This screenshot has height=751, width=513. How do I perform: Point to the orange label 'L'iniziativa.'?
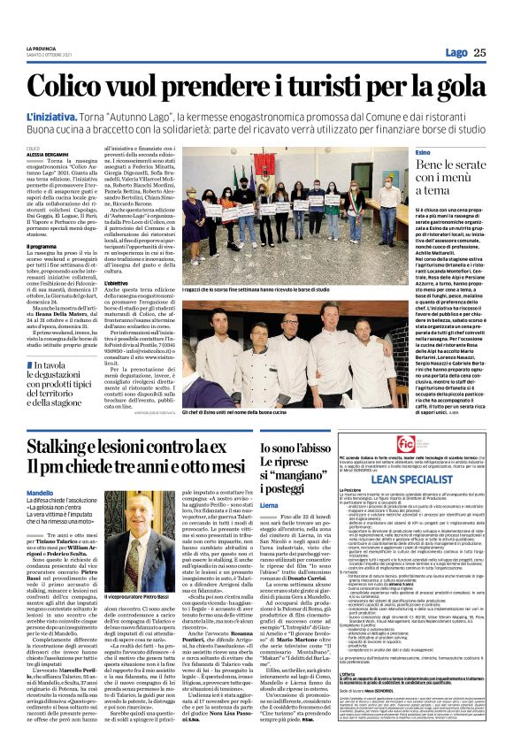pyautogui.click(x=51, y=117)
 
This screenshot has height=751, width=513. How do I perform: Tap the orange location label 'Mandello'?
pyautogui.click(x=39, y=492)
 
